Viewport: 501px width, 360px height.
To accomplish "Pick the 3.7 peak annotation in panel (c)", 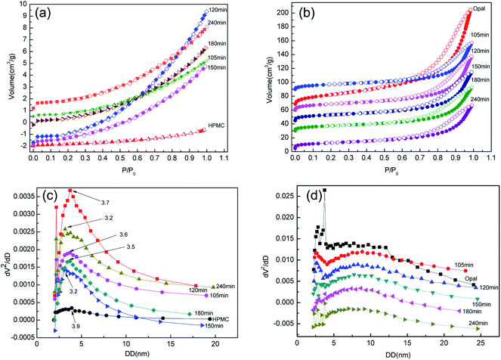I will coord(125,203).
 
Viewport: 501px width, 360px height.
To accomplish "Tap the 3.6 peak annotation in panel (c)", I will coord(123,234).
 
